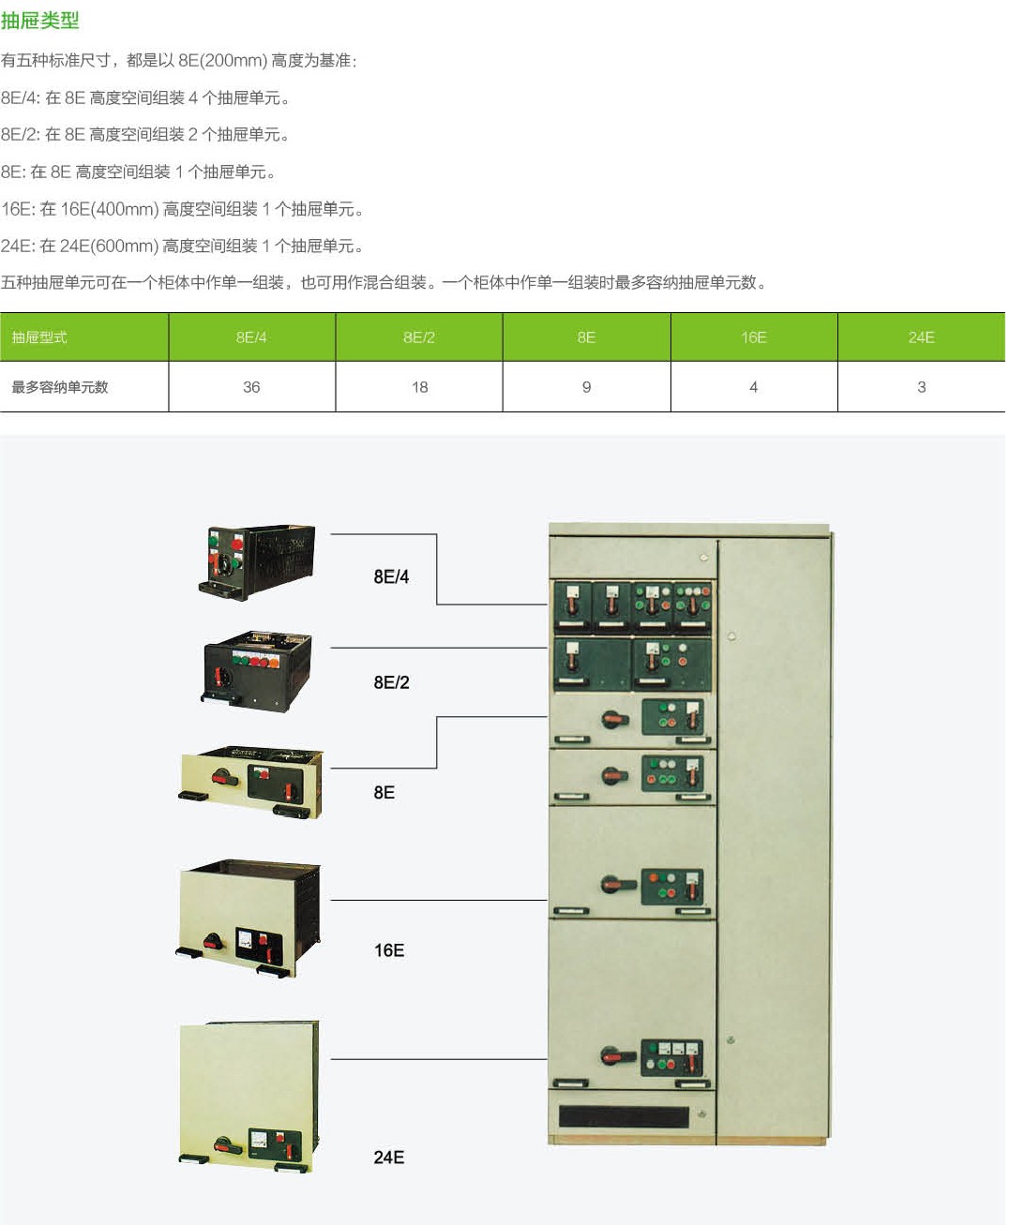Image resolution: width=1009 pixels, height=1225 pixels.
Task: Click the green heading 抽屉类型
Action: [40, 21]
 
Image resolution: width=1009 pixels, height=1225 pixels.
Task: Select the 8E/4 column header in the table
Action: [251, 337]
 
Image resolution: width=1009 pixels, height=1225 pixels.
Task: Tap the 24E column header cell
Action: [921, 337]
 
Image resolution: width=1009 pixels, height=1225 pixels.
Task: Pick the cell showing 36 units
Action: [251, 387]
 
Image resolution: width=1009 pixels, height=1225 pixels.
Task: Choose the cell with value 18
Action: [419, 387]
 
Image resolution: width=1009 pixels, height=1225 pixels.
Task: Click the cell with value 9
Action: [586, 387]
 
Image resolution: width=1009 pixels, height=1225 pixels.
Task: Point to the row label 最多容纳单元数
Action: [60, 387]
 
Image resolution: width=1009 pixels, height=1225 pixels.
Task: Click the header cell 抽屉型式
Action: [39, 337]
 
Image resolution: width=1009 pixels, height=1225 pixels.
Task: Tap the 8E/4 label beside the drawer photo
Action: [391, 577]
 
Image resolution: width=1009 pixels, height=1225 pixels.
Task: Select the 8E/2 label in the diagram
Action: [391, 683]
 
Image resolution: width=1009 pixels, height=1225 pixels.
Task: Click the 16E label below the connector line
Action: [389, 950]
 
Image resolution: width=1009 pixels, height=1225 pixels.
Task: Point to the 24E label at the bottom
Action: [389, 1158]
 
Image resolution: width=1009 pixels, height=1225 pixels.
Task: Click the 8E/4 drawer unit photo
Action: [257, 562]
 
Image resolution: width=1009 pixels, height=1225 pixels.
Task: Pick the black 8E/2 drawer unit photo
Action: [257, 671]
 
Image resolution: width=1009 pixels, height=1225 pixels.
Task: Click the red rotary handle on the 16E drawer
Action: [215, 941]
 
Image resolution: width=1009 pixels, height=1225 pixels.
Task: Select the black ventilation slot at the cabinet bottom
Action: [624, 1116]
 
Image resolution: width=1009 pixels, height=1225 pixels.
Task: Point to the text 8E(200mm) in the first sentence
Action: [222, 61]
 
